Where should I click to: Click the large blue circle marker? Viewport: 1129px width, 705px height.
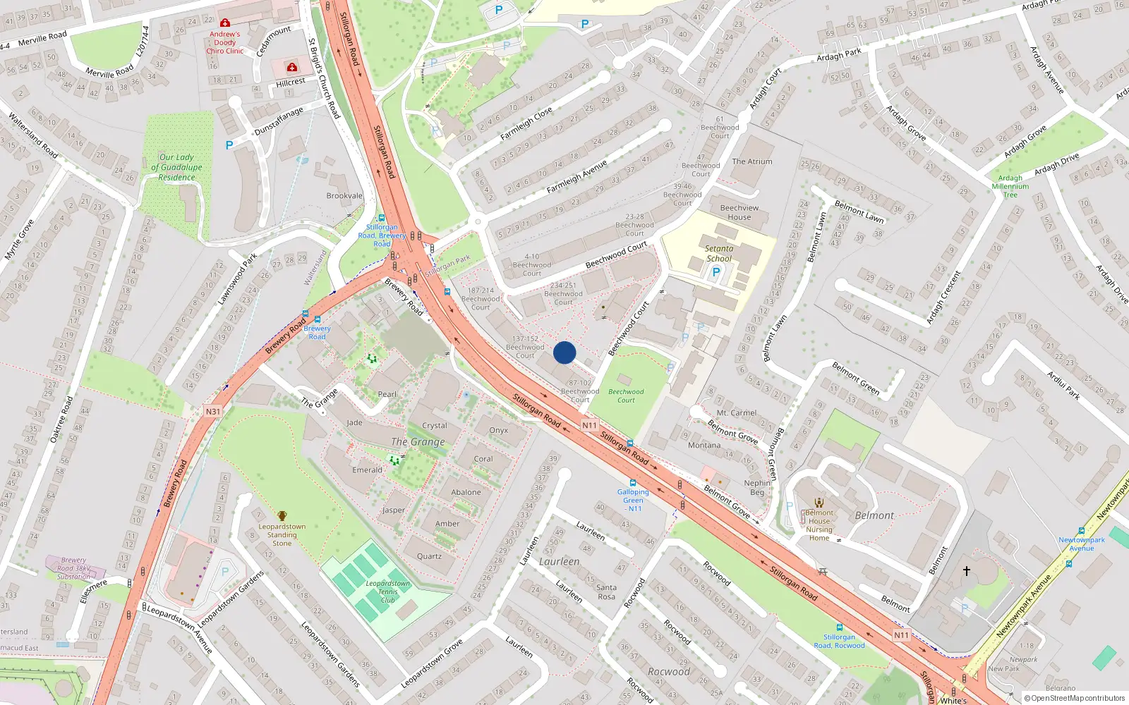point(564,352)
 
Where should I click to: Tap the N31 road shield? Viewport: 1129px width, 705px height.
point(213,412)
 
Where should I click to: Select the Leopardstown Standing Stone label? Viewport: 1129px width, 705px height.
point(282,534)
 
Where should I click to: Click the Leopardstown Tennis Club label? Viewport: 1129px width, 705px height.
point(387,591)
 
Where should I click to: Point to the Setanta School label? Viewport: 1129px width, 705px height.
point(719,253)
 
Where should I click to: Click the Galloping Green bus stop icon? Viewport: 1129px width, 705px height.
point(633,483)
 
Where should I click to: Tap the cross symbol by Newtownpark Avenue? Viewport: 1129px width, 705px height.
point(967,570)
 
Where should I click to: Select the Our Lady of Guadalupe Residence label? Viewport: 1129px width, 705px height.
point(176,167)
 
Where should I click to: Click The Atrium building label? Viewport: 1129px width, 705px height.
point(751,161)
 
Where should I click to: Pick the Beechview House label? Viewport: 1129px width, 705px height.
point(739,212)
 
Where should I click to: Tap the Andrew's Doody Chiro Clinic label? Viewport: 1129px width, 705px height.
point(225,42)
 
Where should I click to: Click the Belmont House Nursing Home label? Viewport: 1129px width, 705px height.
point(819,525)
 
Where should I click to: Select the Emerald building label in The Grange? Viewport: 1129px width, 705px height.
point(367,470)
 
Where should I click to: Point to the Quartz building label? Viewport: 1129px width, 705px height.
point(429,556)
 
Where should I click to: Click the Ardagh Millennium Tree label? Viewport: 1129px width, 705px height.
point(1010,186)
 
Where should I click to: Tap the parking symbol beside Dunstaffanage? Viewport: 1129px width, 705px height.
point(229,145)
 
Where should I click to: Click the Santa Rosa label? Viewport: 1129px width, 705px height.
point(606,591)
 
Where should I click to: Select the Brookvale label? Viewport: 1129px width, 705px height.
point(344,196)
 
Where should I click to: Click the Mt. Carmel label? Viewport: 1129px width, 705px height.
point(736,413)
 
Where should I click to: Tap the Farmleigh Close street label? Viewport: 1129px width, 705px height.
point(526,125)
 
